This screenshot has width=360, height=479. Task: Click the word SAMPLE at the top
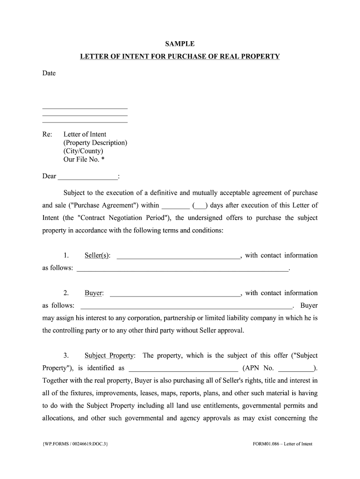(180, 44)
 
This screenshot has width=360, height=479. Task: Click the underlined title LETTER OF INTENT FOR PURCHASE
(180, 57)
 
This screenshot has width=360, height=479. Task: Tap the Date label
(49, 73)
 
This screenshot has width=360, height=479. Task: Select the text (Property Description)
(95, 143)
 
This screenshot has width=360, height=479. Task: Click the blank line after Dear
(87, 177)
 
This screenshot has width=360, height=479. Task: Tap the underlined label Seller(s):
(97, 255)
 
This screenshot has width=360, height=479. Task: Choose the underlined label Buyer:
(94, 293)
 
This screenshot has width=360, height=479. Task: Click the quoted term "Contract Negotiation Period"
(123, 218)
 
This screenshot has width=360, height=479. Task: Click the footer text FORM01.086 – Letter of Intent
(280, 444)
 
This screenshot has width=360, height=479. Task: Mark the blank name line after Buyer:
(174, 294)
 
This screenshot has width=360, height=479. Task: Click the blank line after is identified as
(183, 368)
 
